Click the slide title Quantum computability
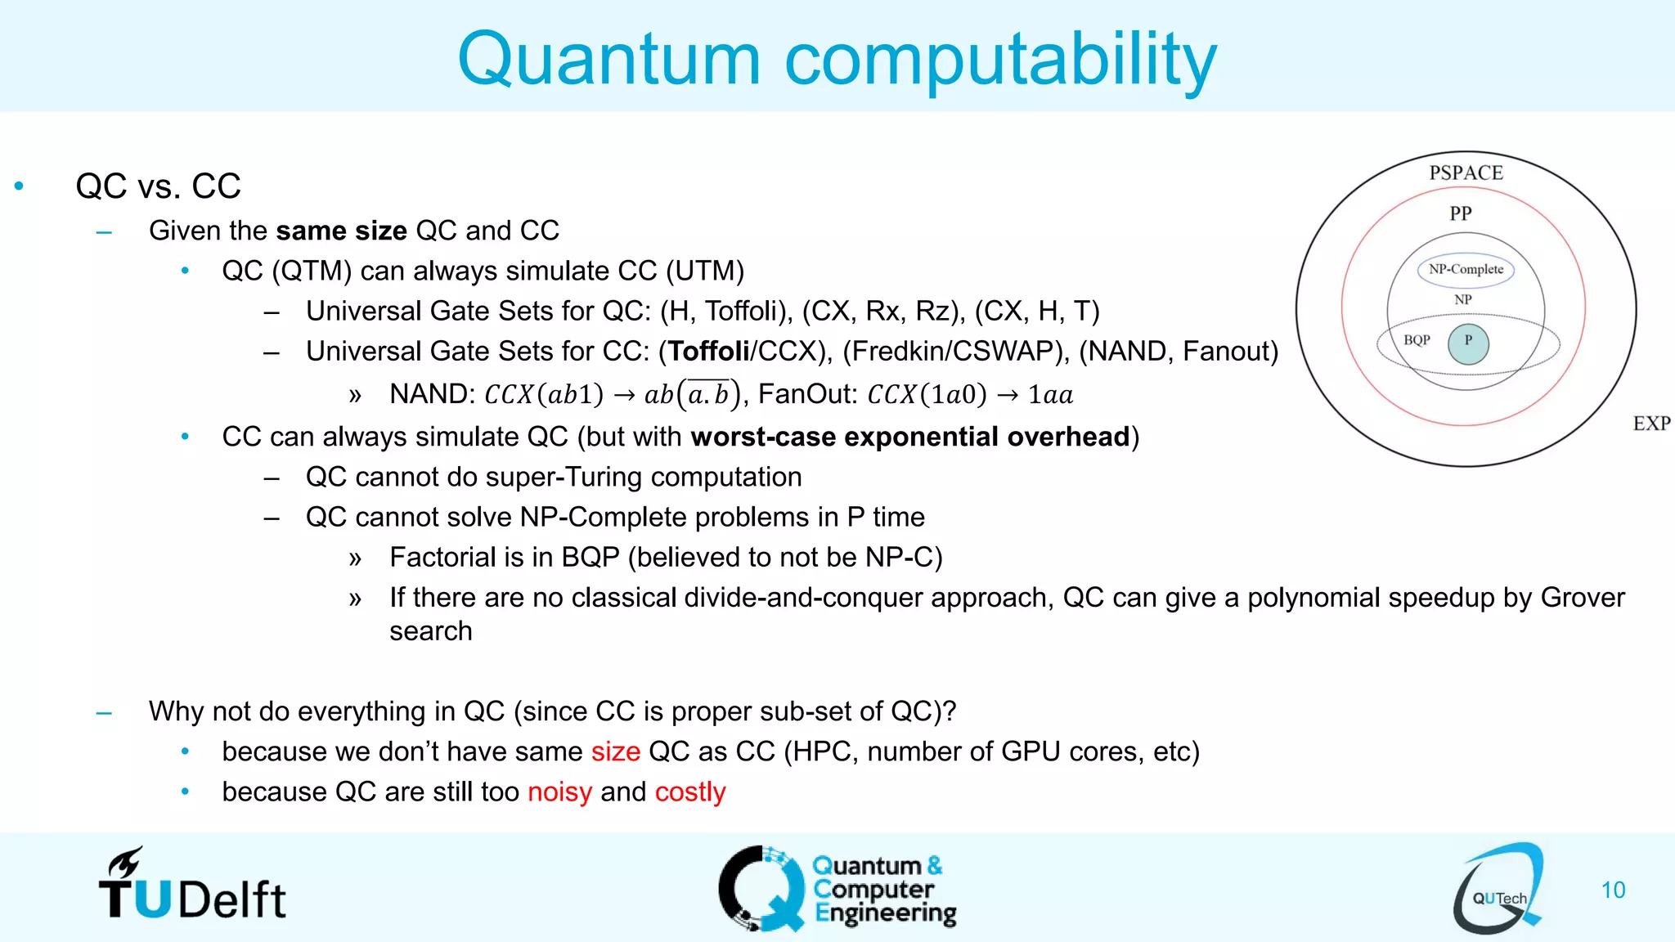tap(837, 59)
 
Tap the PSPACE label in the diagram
tap(1466, 173)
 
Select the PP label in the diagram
tap(1461, 213)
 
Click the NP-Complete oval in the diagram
tap(1466, 270)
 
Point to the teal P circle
tap(1468, 343)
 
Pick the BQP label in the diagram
tap(1417, 340)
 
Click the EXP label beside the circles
tap(1651, 424)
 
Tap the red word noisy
tap(559, 792)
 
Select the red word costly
tap(690, 792)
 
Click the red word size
tap(615, 751)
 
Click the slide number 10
tap(1613, 890)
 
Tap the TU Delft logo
tap(192, 886)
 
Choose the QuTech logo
tap(1498, 889)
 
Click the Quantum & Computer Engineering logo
tap(837, 889)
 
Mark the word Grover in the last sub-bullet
tap(1582, 598)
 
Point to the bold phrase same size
tap(341, 231)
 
